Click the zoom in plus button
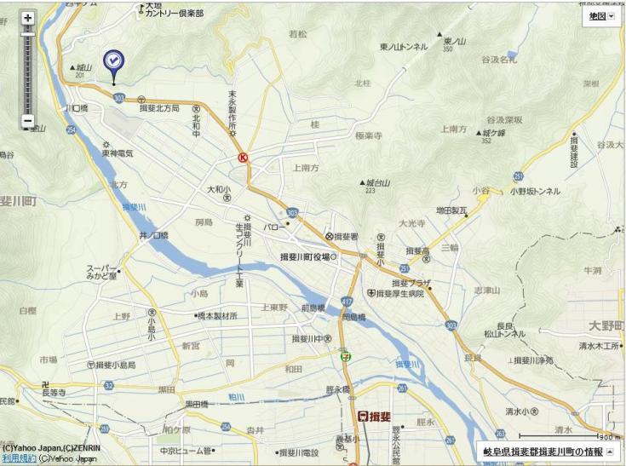click(x=27, y=17)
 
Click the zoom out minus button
click(x=27, y=121)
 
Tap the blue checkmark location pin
click(x=113, y=61)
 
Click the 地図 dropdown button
click(x=600, y=16)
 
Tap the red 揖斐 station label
click(x=375, y=416)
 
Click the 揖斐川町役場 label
click(x=308, y=256)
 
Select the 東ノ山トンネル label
click(x=404, y=47)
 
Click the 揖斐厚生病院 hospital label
click(x=399, y=293)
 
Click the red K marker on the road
click(x=244, y=158)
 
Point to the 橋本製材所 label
click(x=216, y=315)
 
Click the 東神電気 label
click(x=118, y=153)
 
